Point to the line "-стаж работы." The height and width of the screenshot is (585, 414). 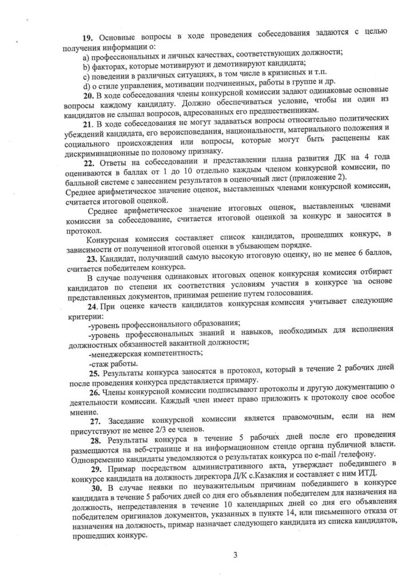click(x=113, y=363)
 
